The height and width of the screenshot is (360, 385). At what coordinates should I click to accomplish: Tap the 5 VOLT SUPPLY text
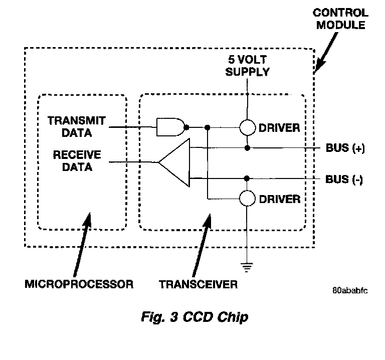pos(247,66)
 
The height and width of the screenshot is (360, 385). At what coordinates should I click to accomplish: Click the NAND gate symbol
pos(170,127)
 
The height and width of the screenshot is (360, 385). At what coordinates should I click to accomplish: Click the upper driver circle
pos(247,127)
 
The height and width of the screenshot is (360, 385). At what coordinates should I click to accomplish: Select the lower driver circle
pos(247,199)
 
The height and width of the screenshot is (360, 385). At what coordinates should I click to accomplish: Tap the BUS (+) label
pos(345,149)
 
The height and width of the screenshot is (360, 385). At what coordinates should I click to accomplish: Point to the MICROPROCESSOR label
pos(79,285)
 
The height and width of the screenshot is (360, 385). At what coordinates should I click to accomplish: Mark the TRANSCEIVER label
pos(198,285)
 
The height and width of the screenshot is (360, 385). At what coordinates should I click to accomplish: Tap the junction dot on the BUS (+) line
pos(247,148)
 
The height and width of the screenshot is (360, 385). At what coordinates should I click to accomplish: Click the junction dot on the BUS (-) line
pos(247,178)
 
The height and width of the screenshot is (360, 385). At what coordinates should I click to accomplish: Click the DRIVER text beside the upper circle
pos(280,128)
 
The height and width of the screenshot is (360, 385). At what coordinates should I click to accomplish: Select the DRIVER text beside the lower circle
pos(280,200)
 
